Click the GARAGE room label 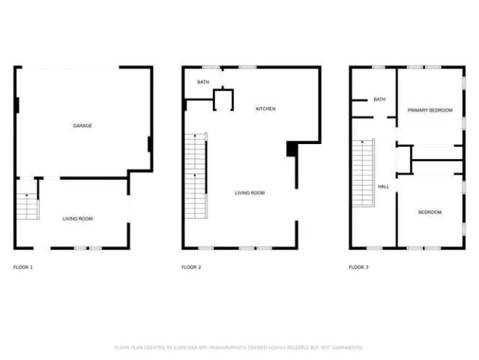pyautogui.click(x=82, y=125)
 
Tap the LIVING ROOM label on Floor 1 pyautogui.click(x=77, y=218)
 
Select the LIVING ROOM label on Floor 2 pyautogui.click(x=250, y=193)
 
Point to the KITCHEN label pyautogui.click(x=265, y=109)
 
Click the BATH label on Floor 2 pyautogui.click(x=203, y=82)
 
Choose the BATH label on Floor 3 pyautogui.click(x=379, y=99)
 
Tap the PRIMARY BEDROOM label pyautogui.click(x=430, y=110)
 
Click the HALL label pyautogui.click(x=383, y=186)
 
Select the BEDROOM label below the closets pyautogui.click(x=430, y=212)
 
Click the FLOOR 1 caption pyautogui.click(x=23, y=267)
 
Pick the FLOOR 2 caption pyautogui.click(x=191, y=267)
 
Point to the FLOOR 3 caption pyautogui.click(x=358, y=267)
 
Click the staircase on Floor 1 pyautogui.click(x=27, y=205)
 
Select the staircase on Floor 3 pyautogui.click(x=363, y=172)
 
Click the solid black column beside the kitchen pyautogui.click(x=292, y=149)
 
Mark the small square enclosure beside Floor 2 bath pyautogui.click(x=223, y=99)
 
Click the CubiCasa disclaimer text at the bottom pyautogui.click(x=238, y=348)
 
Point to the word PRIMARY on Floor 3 pyautogui.click(x=417, y=110)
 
